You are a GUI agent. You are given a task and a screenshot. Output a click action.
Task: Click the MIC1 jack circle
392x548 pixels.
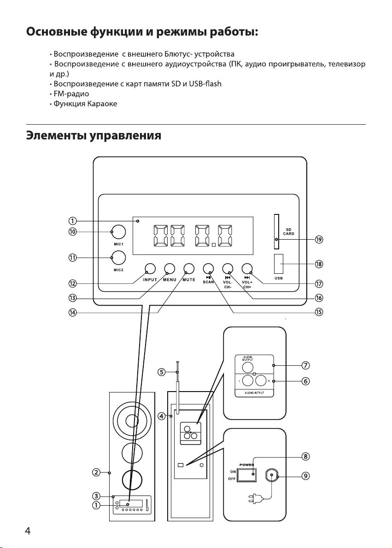point(118,232)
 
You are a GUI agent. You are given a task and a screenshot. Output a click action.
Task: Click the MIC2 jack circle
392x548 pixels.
point(118,258)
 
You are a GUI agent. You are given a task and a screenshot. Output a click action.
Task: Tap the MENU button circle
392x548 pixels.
point(170,268)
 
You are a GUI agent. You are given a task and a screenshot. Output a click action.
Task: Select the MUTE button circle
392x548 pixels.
point(189,268)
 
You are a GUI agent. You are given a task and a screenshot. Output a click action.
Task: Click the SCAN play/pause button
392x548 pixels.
point(208,268)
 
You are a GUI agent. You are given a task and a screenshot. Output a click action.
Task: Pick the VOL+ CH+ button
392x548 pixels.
point(247,268)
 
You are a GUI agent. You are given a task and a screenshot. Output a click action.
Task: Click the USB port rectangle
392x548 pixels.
point(279,264)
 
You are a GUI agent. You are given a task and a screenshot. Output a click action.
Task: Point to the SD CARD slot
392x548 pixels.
point(276,231)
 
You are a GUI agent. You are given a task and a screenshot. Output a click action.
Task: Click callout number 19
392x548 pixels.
point(319,239)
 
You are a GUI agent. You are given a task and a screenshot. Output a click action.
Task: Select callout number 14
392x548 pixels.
point(72,312)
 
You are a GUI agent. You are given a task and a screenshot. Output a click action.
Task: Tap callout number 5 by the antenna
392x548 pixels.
point(161,372)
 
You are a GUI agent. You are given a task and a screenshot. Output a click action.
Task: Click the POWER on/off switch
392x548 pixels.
point(247,475)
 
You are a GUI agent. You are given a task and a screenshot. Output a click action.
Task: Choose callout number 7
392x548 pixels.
point(305,366)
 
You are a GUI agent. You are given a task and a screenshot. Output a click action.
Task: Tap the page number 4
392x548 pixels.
point(28,531)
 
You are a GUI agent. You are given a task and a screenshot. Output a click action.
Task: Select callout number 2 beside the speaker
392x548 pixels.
point(96,473)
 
